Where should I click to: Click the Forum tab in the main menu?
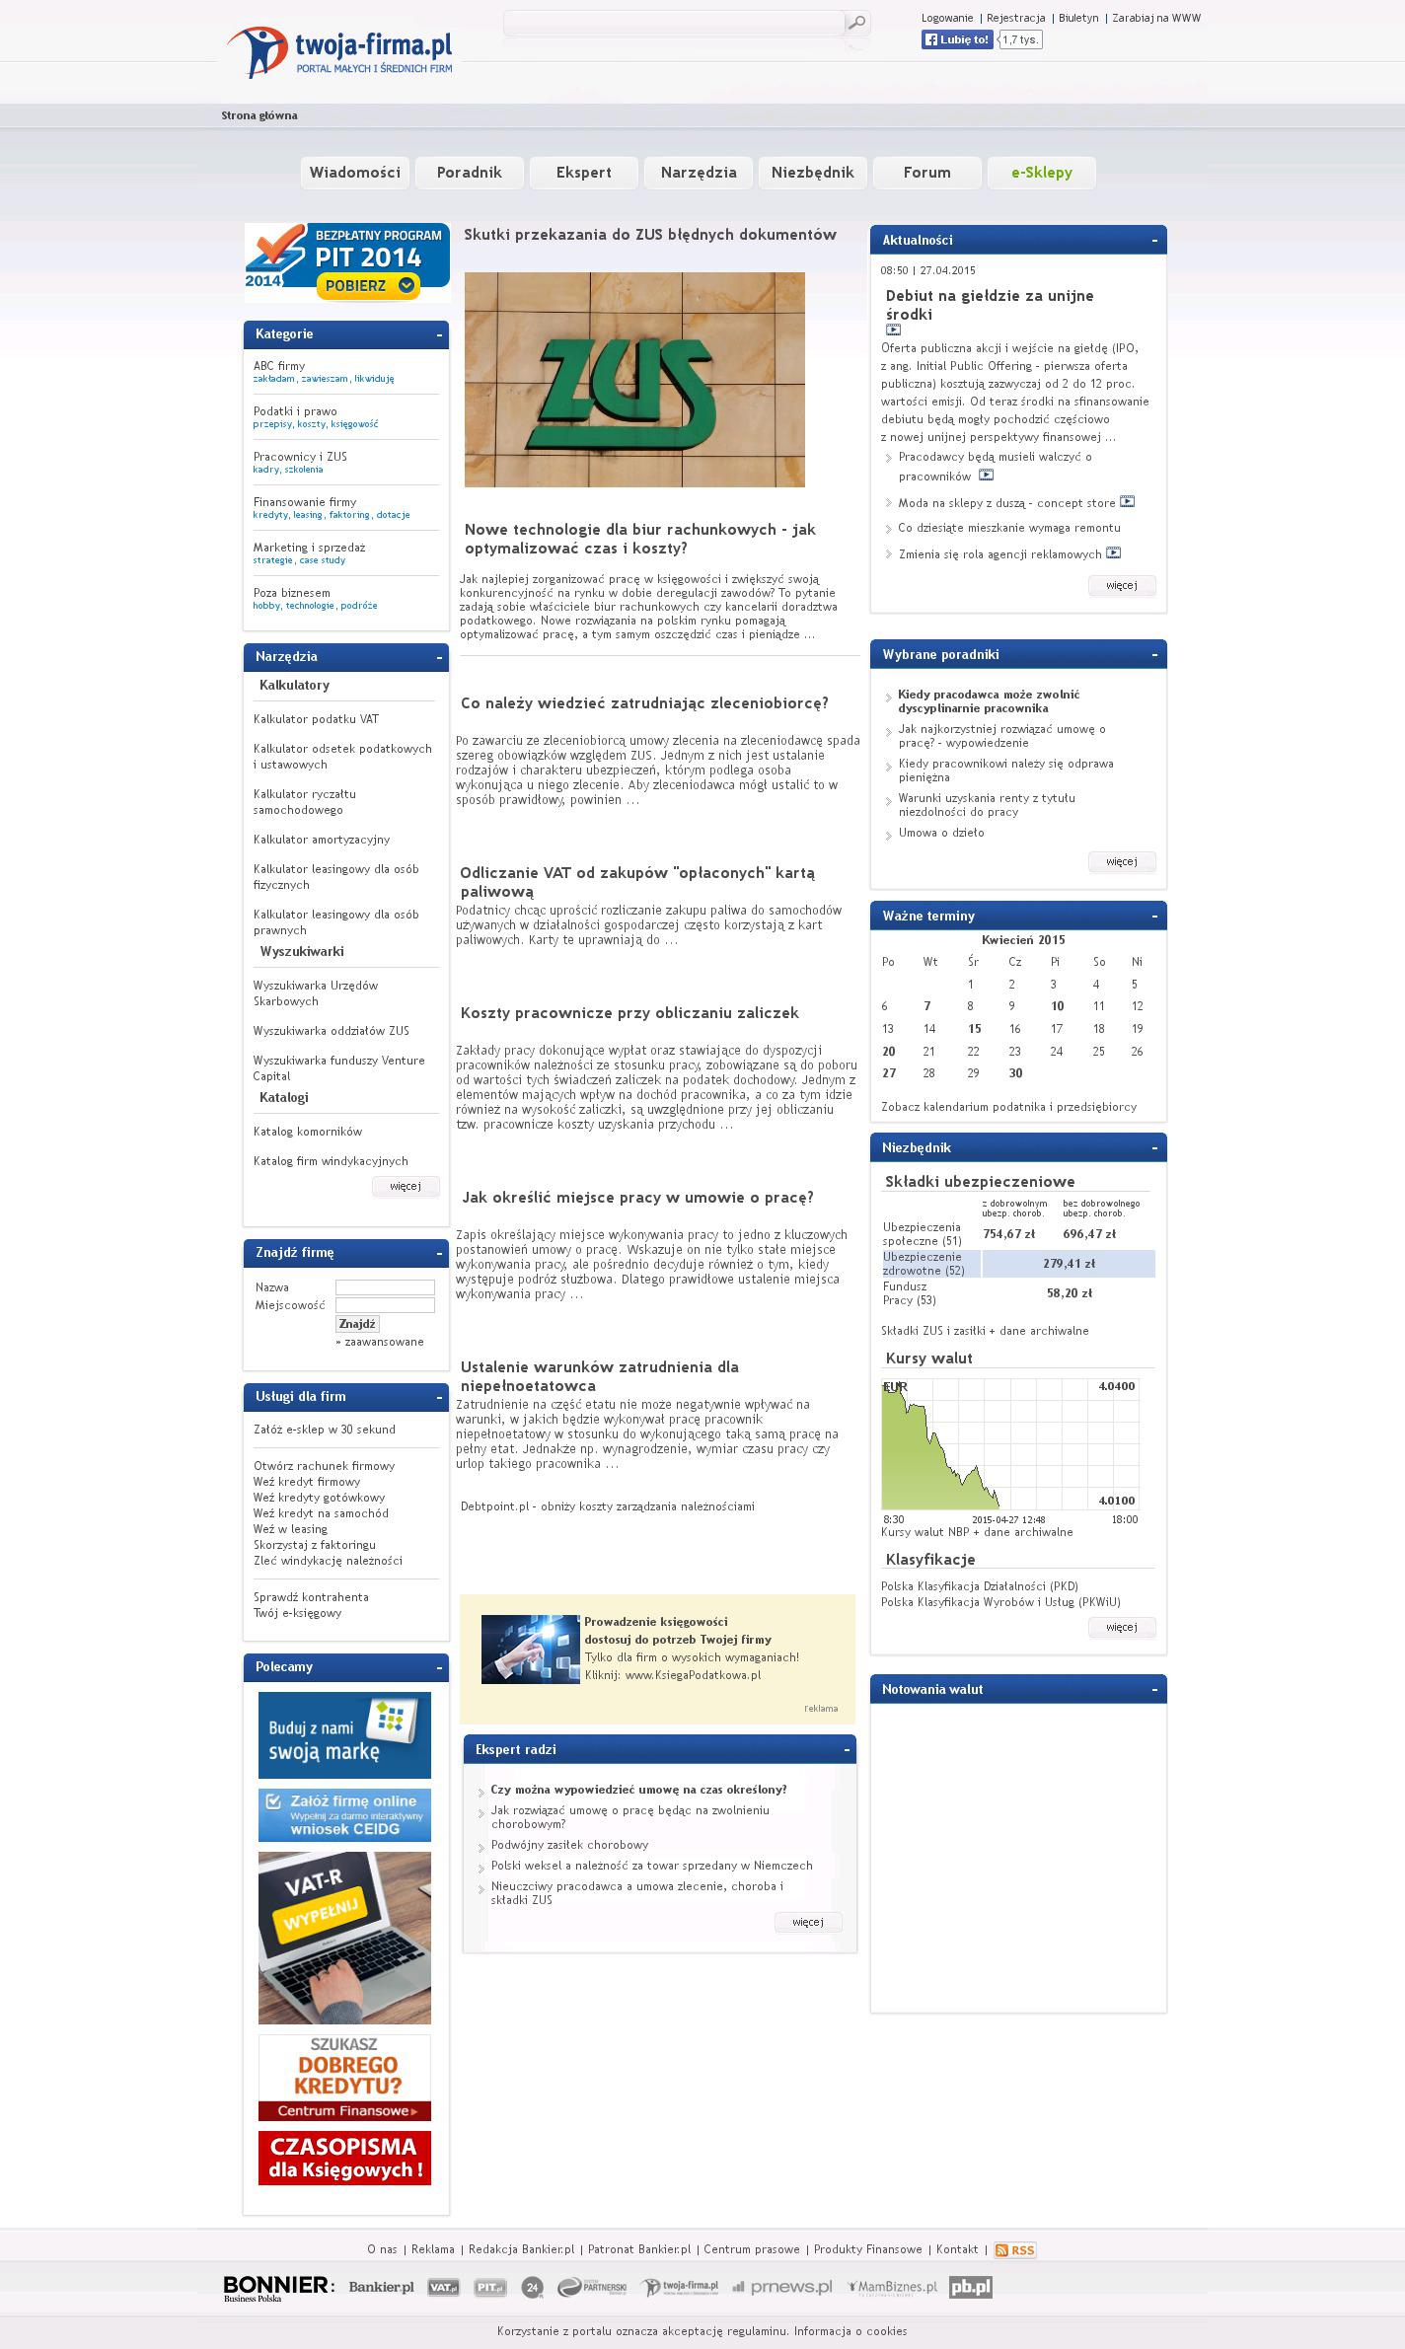click(x=926, y=173)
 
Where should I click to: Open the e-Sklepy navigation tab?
click(x=1041, y=173)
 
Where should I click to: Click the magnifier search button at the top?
click(x=857, y=23)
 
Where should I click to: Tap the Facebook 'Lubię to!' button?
click(x=957, y=39)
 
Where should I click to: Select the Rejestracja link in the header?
click(x=1015, y=18)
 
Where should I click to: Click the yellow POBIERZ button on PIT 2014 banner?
click(x=368, y=286)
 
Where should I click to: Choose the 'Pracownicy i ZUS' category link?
click(x=300, y=457)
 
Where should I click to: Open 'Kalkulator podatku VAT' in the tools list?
click(x=316, y=719)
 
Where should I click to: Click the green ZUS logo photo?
click(x=634, y=380)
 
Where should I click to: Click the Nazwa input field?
click(x=385, y=1287)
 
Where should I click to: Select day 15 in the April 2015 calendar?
click(x=974, y=1029)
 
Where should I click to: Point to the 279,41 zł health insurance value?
click(x=1069, y=1264)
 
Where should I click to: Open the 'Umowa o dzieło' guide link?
click(x=940, y=833)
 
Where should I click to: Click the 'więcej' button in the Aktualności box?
click(x=1121, y=585)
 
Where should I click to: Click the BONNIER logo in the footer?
click(x=278, y=2288)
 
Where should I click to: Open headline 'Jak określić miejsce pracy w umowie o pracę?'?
click(x=637, y=1198)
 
